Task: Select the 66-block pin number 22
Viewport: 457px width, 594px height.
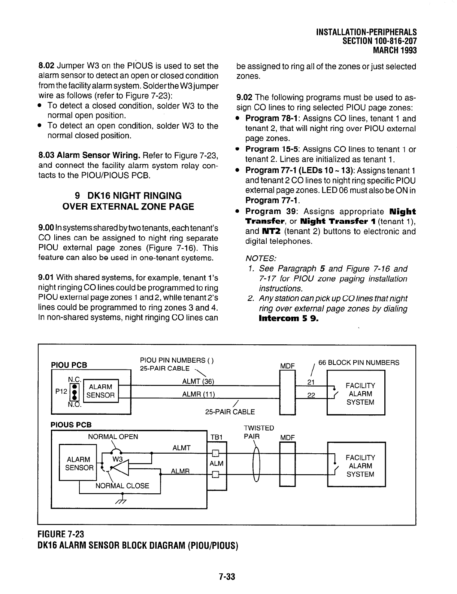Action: [x=311, y=395]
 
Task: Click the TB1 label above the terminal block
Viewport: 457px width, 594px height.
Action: [x=217, y=437]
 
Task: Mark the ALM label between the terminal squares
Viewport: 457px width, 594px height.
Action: [x=217, y=463]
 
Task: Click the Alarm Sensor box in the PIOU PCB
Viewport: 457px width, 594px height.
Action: [x=100, y=391]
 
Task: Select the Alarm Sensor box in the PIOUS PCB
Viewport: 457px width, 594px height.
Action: [x=78, y=463]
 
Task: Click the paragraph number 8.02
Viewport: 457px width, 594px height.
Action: [x=46, y=66]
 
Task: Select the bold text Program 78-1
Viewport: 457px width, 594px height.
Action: [x=272, y=119]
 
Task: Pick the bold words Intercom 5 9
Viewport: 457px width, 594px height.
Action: [x=288, y=319]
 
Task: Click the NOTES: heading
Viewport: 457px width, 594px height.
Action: [x=261, y=258]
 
